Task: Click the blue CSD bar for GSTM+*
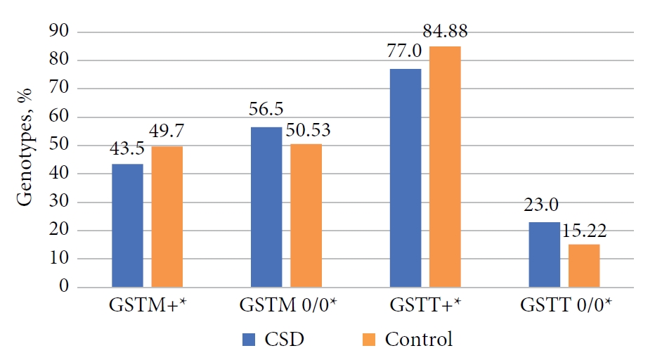(127, 226)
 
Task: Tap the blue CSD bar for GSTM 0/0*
(266, 207)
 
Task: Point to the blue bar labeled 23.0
(545, 255)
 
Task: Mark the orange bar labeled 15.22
(584, 266)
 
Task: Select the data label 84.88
(445, 32)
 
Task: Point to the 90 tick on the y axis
(60, 32)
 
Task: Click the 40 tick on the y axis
(60, 174)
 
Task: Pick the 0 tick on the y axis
(64, 288)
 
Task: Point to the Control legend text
(418, 340)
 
